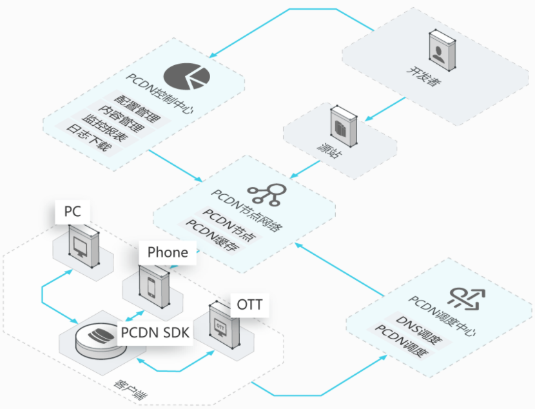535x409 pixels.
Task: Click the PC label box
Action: click(73, 212)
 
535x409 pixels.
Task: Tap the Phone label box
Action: click(168, 253)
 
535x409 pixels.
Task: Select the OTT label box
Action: click(249, 305)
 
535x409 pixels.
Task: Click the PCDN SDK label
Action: click(155, 332)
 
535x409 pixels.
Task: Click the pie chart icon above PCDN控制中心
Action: click(187, 76)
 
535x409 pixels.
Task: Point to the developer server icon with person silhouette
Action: click(442, 50)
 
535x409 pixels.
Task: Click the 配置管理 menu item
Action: click(137, 109)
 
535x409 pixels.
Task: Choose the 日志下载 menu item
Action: click(89, 137)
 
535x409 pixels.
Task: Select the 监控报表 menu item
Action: click(105, 128)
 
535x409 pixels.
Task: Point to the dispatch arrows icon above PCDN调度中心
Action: click(467, 299)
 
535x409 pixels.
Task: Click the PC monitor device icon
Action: click(84, 246)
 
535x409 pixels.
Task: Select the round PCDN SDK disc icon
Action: click(101, 339)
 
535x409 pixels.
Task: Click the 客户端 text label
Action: click(130, 390)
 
